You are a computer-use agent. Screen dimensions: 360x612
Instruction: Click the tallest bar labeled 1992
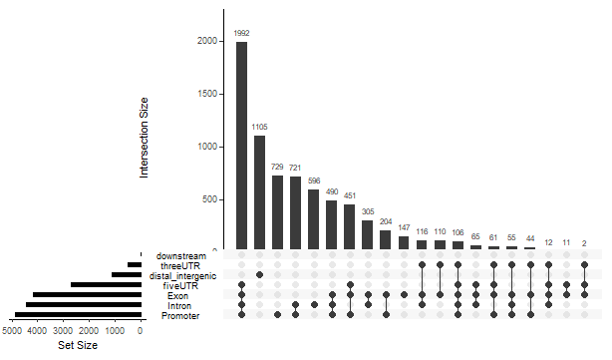(x=242, y=145)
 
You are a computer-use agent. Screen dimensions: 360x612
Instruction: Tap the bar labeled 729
(x=278, y=211)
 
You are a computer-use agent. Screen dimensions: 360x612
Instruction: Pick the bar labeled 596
(x=314, y=218)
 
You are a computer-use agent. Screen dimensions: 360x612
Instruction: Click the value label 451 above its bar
(x=350, y=195)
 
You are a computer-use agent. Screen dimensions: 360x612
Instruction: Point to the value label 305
(x=368, y=211)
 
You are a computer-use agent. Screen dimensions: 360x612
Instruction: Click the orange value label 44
(x=530, y=239)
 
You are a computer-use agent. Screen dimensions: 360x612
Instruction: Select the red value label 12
(x=548, y=242)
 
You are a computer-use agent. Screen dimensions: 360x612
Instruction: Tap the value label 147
(x=404, y=226)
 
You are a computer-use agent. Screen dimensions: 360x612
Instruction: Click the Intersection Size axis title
(x=145, y=138)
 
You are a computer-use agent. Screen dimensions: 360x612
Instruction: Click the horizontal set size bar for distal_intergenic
(x=126, y=274)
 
